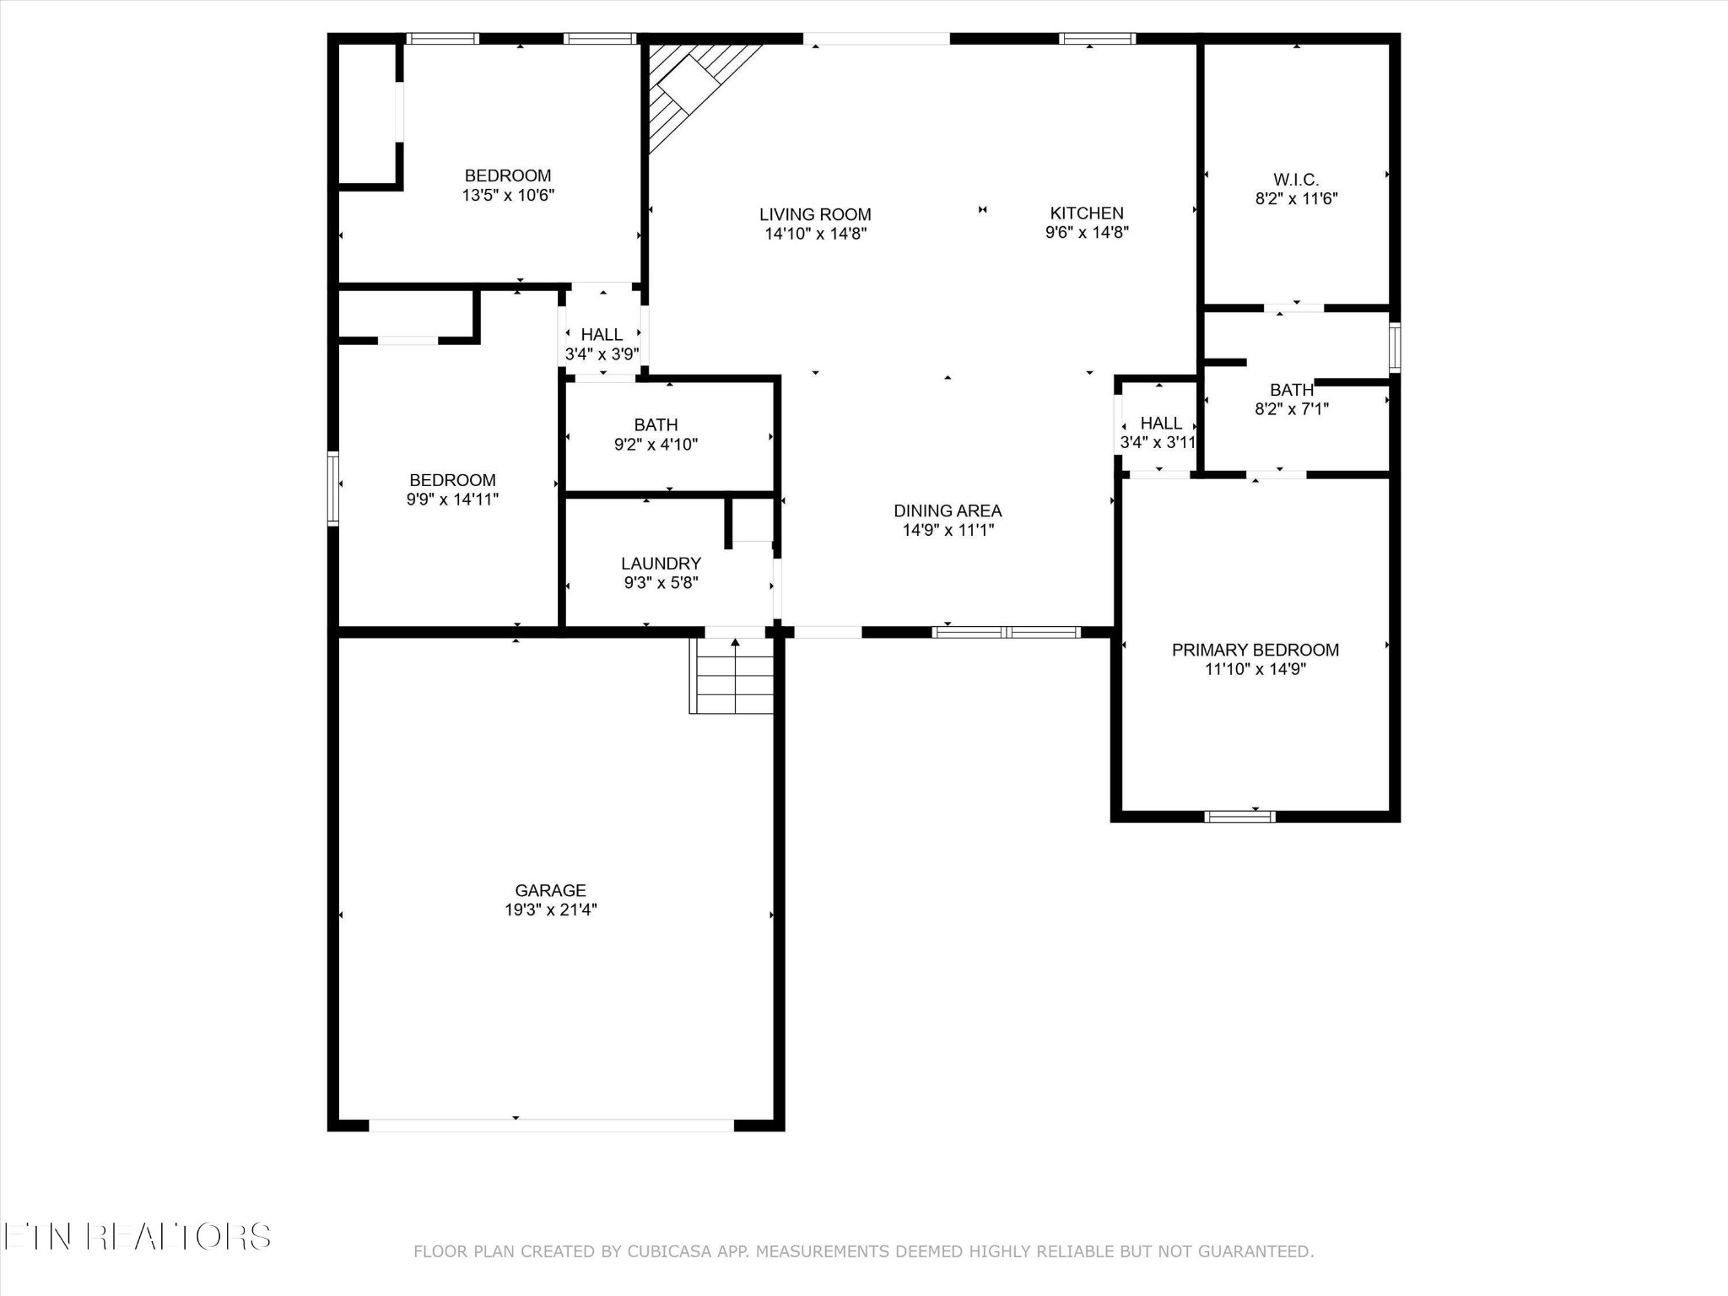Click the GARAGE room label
click(x=550, y=890)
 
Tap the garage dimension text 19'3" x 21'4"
click(x=550, y=910)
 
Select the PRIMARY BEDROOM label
click(x=1255, y=650)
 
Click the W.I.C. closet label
click(x=1296, y=180)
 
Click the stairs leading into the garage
click(x=732, y=676)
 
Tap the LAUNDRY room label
click(x=661, y=564)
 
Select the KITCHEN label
click(x=1087, y=213)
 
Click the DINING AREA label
click(x=948, y=510)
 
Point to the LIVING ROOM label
click(x=815, y=215)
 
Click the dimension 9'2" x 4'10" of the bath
click(x=656, y=445)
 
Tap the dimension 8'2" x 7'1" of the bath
click(x=1292, y=409)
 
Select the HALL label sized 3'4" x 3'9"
click(x=602, y=335)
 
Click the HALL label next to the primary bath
click(x=1161, y=424)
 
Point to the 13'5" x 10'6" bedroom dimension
click(x=508, y=195)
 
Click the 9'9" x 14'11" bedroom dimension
click(x=452, y=499)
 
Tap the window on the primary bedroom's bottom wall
click(x=1239, y=816)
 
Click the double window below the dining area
click(x=1006, y=632)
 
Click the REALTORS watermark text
click(x=179, y=1237)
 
